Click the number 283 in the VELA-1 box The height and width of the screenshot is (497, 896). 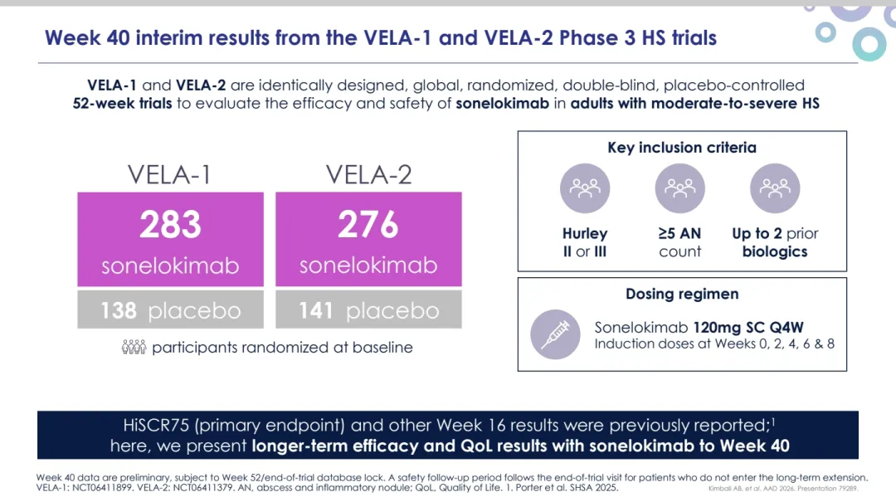(x=170, y=225)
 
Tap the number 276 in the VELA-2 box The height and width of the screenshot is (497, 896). (x=368, y=225)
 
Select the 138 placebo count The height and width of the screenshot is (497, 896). (x=119, y=310)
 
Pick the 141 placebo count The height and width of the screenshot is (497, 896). (x=316, y=310)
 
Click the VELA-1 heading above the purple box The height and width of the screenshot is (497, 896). (x=169, y=175)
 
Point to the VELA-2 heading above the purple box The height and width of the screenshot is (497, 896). (x=368, y=175)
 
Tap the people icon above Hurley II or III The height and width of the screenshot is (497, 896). (x=585, y=188)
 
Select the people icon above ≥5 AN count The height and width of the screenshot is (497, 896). (x=679, y=188)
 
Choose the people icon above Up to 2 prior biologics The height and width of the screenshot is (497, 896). (x=775, y=188)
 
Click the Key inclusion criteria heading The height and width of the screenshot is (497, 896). (x=682, y=148)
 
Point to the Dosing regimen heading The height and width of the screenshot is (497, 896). (x=682, y=294)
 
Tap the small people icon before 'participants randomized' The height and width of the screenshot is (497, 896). (x=134, y=348)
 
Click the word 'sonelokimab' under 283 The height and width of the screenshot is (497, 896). (x=170, y=266)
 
